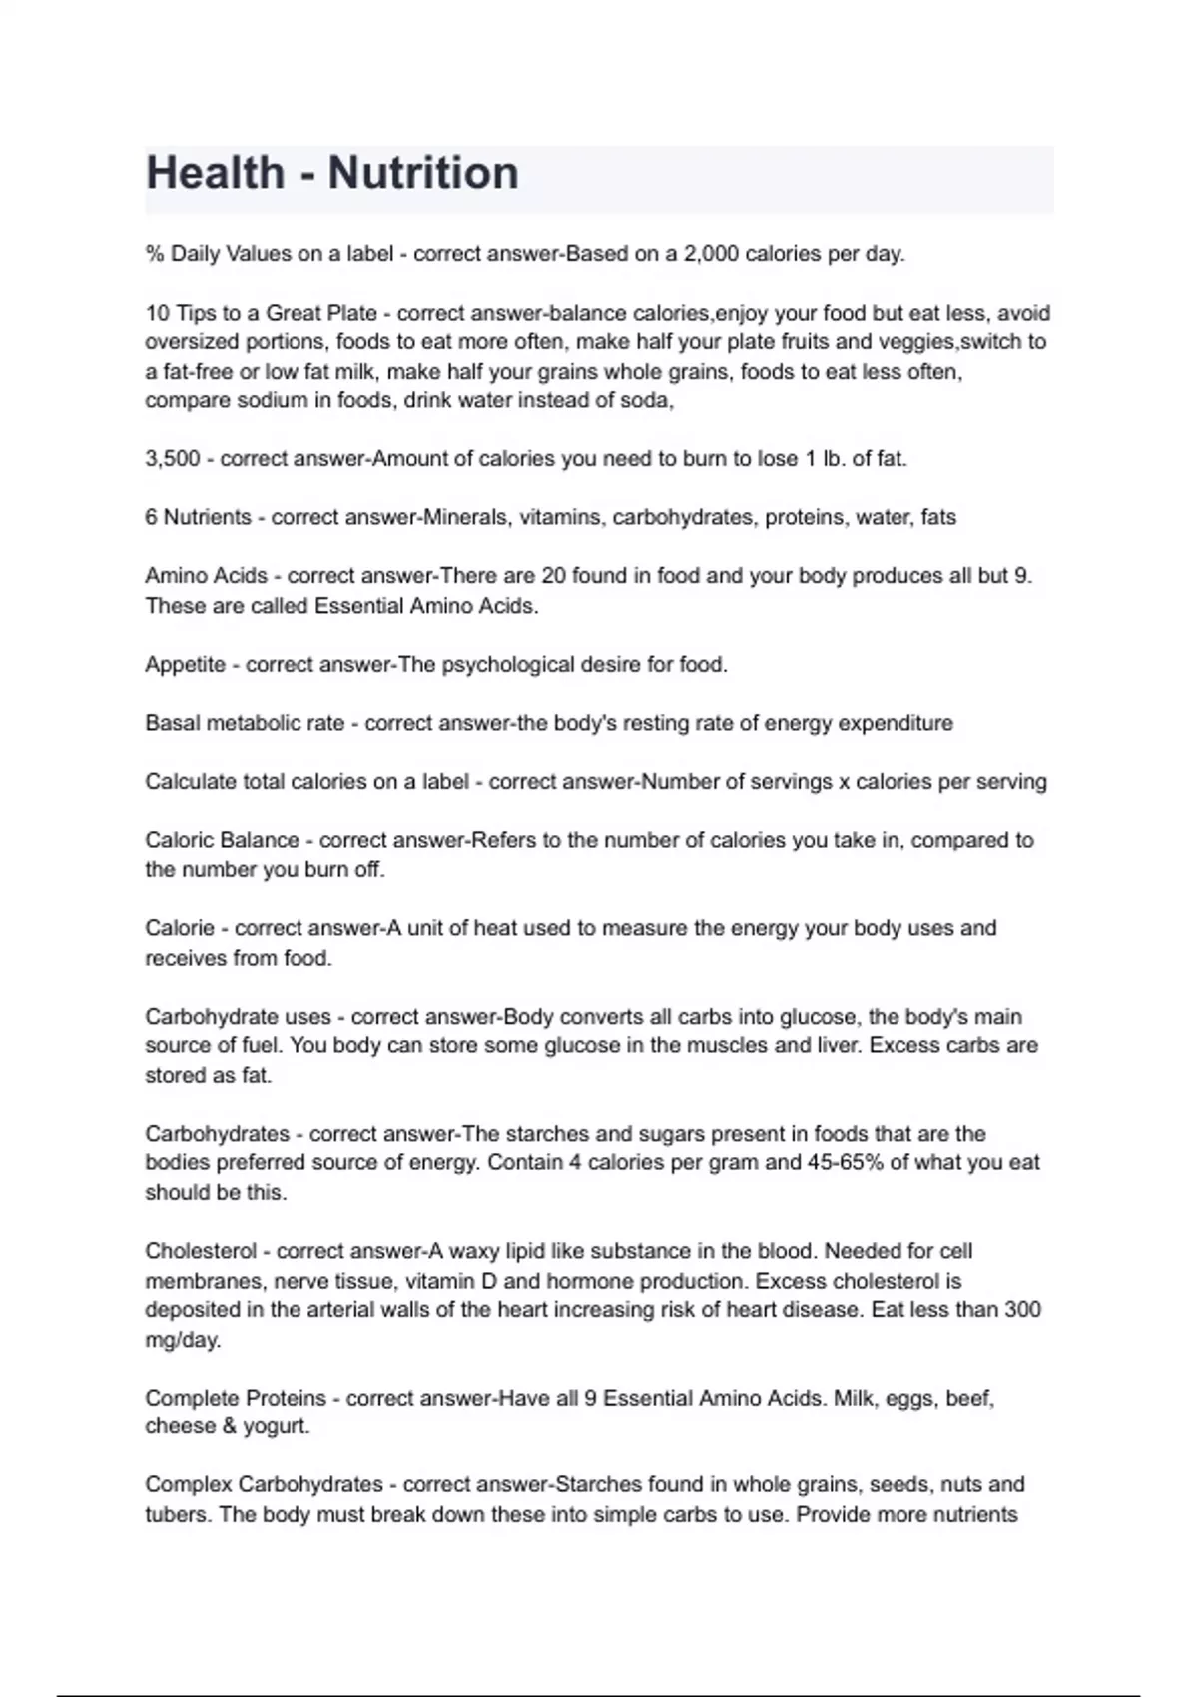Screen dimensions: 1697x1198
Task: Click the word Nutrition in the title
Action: tap(423, 173)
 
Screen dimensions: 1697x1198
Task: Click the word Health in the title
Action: tap(215, 173)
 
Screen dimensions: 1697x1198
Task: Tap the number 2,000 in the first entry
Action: tap(711, 254)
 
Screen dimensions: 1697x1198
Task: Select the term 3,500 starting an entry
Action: tap(173, 459)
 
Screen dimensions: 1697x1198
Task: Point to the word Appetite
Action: tap(185, 665)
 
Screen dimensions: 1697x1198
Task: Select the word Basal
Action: tap(173, 723)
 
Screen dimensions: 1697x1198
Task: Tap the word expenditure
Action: tap(896, 723)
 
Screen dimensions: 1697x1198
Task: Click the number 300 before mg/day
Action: tap(1022, 1309)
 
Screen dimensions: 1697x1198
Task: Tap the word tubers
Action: tap(177, 1514)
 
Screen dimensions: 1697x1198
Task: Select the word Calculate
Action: tap(190, 782)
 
